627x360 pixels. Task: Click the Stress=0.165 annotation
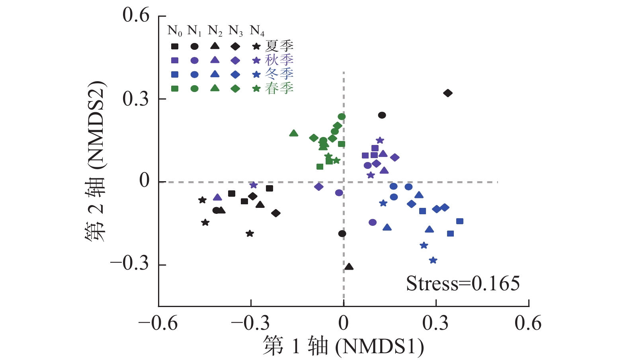463,284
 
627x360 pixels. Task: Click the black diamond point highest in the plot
448,93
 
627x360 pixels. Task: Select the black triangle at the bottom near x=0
349,267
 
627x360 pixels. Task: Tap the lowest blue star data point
433,260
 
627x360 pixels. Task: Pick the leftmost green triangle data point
294,133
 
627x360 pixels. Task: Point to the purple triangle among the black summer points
217,198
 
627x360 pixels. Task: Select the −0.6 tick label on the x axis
158,323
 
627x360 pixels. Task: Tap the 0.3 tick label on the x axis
436,323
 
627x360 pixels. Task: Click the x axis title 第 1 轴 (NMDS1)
343,346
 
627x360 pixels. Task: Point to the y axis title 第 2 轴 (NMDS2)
96,161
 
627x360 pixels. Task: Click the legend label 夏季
279,46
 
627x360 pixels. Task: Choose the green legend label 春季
279,88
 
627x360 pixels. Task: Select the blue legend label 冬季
279,74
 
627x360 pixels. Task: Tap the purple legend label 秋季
279,60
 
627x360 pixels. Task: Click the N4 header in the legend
257,30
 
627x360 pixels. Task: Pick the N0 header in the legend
175,30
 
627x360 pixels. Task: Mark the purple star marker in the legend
257,61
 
